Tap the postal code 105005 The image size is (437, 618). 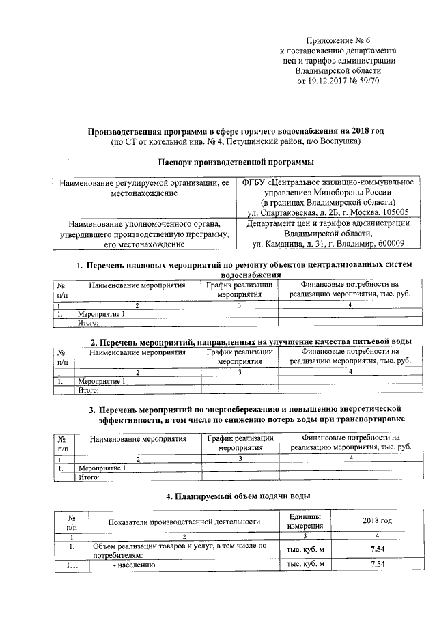[394, 212]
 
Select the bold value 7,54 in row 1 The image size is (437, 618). [377, 548]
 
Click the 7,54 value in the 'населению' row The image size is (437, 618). [377, 564]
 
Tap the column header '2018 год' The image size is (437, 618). [377, 521]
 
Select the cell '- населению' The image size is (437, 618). [136, 565]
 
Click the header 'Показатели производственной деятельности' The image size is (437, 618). [184, 522]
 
